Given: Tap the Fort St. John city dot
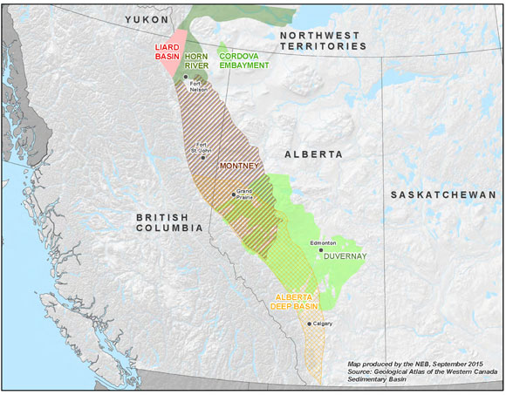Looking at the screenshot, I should click(x=203, y=157).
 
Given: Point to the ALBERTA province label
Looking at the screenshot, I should click(x=313, y=153).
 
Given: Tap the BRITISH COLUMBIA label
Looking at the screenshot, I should click(x=169, y=221).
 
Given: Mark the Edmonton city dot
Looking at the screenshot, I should click(x=320, y=250).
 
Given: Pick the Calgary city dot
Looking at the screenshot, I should click(x=309, y=323).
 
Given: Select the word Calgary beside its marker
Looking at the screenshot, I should click(x=322, y=323).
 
